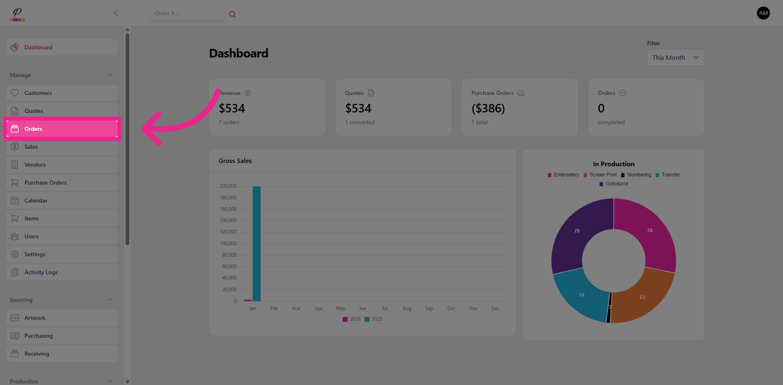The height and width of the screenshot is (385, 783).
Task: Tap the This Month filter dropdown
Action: click(675, 57)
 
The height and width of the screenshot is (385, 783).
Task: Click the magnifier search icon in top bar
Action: click(232, 14)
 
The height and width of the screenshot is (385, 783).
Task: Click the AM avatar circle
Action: click(763, 13)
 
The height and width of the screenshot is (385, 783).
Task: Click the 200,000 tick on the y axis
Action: click(228, 186)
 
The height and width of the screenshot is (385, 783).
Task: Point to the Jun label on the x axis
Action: click(363, 308)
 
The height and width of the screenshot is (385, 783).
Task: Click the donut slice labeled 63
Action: click(642, 297)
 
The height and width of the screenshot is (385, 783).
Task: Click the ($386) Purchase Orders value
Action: click(488, 108)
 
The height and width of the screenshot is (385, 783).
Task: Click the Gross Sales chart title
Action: click(235, 161)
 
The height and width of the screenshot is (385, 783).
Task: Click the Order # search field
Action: click(187, 13)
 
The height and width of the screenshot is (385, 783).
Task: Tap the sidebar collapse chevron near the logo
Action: click(116, 13)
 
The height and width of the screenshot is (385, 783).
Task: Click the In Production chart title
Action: click(613, 164)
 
